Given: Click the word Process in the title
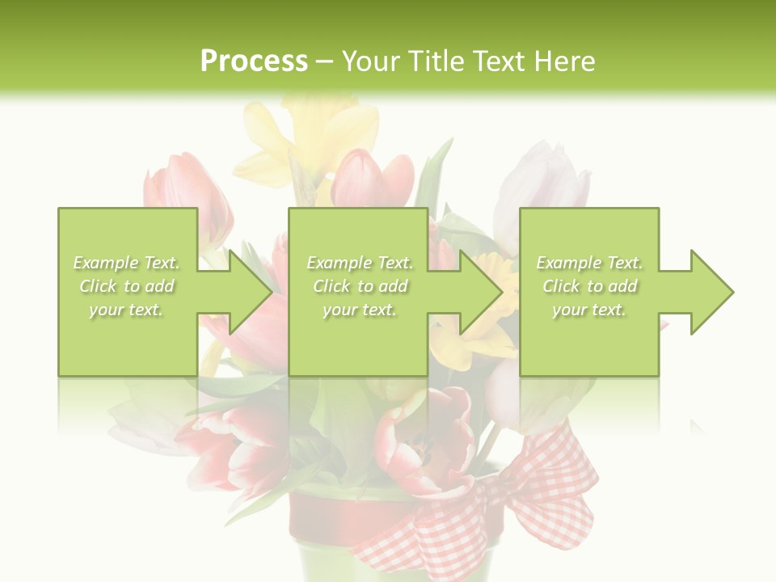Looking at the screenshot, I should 254,61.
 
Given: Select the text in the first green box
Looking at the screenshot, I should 127,286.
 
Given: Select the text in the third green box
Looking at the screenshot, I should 589,286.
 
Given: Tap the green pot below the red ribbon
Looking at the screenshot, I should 323,562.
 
